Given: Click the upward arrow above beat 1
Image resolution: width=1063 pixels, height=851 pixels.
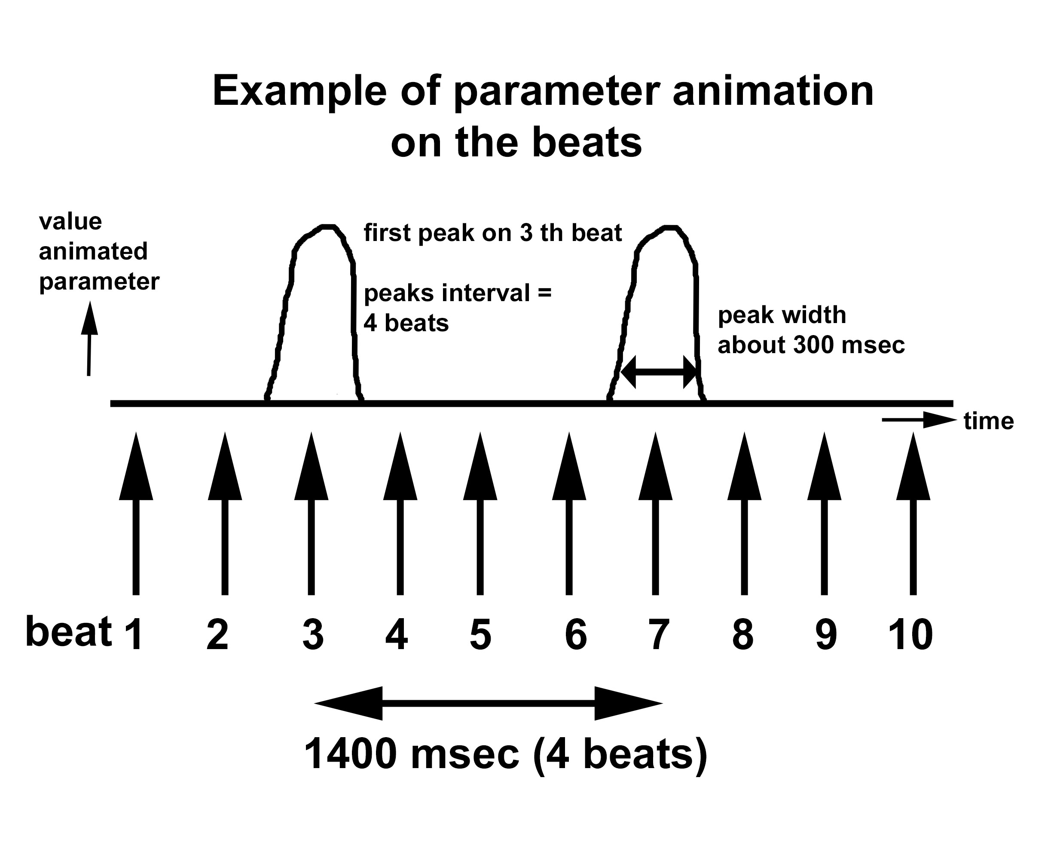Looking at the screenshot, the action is click(136, 513).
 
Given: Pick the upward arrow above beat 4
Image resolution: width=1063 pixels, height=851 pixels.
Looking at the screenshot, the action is click(400, 513).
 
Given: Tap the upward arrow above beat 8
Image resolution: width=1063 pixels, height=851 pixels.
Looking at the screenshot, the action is click(745, 513).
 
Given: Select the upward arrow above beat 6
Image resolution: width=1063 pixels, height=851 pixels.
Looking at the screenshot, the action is click(569, 513).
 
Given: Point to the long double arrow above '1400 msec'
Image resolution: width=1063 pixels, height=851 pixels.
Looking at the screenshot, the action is click(488, 703).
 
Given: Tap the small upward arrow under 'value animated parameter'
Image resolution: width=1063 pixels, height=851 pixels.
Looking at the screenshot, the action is click(89, 339).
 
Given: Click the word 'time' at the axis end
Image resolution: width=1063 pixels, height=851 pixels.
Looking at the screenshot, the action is click(989, 421).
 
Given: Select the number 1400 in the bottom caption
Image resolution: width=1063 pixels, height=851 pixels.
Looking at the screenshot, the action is click(351, 754).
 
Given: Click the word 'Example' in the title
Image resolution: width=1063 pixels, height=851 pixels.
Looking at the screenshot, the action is click(300, 91).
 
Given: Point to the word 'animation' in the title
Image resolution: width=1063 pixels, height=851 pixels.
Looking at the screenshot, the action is click(773, 91).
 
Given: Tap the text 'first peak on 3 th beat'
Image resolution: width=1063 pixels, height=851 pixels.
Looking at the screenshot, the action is click(492, 233).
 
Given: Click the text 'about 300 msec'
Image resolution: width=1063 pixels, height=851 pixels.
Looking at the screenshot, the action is click(811, 345).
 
